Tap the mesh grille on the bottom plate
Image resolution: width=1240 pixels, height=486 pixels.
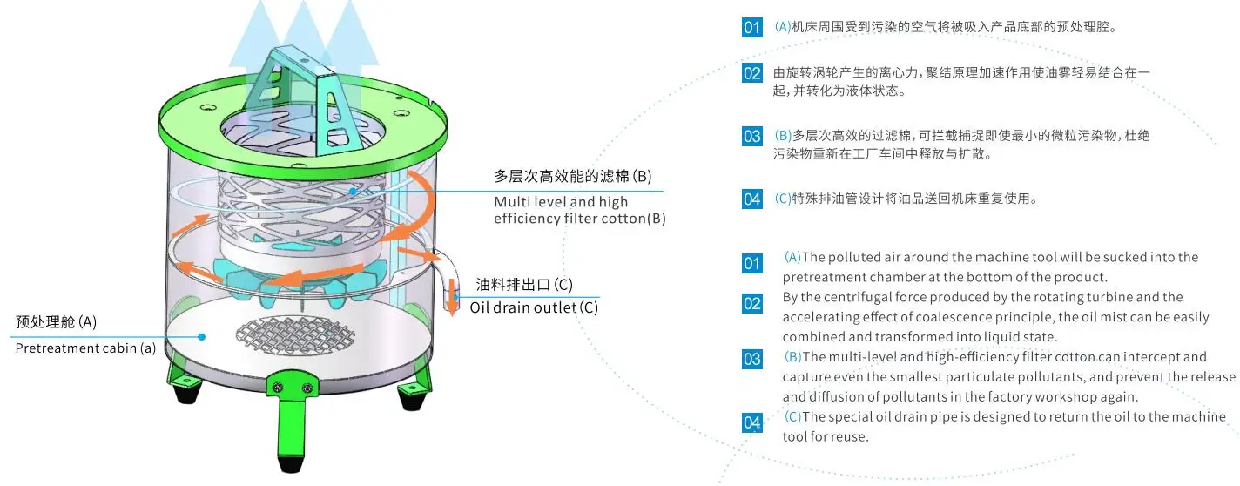click(x=287, y=332)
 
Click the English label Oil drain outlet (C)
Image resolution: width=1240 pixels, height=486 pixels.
click(x=534, y=307)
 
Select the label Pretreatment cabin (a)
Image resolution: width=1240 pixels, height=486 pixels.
click(x=86, y=348)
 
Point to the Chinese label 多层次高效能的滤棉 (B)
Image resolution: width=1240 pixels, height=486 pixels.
click(x=572, y=176)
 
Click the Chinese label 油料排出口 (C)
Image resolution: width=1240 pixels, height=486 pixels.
click(x=524, y=285)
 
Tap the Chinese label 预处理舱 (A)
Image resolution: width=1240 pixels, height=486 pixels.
click(x=57, y=322)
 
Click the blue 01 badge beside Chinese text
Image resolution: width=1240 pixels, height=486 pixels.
click(x=752, y=27)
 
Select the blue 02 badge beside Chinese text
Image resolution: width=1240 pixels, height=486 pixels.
click(x=752, y=73)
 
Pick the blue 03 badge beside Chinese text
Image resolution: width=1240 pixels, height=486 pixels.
click(x=752, y=136)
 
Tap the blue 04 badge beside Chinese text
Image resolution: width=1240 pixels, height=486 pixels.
click(x=752, y=199)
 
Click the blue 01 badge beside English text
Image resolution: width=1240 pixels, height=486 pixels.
click(x=752, y=263)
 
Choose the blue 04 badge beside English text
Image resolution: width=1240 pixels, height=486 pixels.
click(x=752, y=423)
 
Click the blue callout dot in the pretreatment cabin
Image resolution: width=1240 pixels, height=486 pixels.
click(x=201, y=336)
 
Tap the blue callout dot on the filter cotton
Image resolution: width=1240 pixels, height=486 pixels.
click(x=354, y=191)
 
